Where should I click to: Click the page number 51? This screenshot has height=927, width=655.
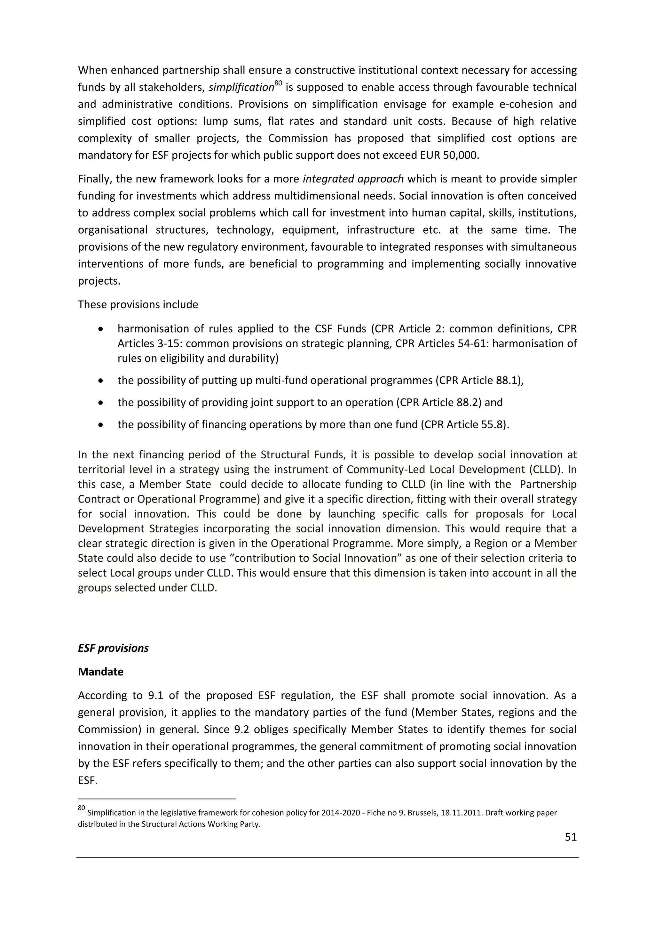[571, 837]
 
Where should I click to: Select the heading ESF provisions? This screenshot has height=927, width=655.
[113, 648]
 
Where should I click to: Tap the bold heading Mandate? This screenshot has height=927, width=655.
[100, 672]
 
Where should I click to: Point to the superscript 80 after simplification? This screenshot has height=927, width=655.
[278, 84]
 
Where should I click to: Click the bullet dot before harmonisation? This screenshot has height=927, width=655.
[101, 329]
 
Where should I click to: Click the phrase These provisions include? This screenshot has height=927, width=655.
[138, 304]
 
